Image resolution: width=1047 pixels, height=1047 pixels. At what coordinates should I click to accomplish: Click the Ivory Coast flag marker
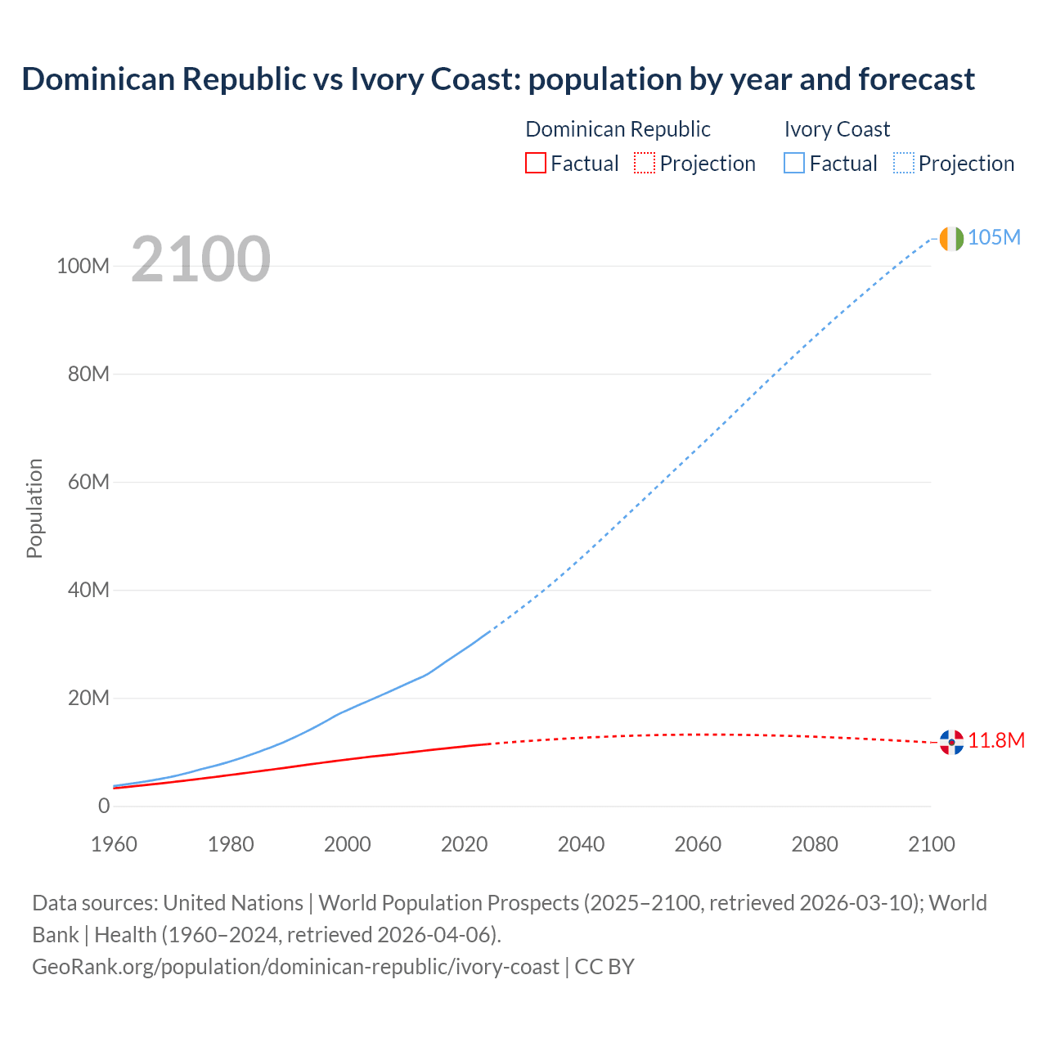951,239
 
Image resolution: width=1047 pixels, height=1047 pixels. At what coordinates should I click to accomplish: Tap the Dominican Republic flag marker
951,742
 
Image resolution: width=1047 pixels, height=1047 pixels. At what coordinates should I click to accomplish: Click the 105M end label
994,238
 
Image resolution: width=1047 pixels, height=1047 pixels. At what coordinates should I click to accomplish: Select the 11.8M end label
996,741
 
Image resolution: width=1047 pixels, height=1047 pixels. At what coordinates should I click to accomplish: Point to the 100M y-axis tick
83,267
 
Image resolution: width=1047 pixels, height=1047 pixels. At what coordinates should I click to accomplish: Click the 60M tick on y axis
88,483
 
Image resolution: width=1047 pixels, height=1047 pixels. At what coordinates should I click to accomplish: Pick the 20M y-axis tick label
88,699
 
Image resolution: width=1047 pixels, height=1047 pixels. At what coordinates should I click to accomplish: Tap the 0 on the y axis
104,807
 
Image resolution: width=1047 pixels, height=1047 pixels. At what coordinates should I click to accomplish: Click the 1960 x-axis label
115,845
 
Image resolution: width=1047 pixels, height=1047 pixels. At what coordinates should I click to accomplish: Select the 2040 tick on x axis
582,845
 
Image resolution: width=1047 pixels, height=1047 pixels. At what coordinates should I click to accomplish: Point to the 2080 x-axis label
815,845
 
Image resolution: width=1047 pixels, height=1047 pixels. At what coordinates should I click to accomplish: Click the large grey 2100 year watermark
200,259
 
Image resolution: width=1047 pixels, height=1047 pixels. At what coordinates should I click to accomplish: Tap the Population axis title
34,508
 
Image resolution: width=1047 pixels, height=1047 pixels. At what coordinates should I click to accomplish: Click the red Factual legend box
536,164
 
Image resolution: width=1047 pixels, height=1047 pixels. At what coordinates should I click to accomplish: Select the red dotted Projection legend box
645,164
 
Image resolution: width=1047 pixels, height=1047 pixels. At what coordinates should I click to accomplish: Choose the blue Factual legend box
794,164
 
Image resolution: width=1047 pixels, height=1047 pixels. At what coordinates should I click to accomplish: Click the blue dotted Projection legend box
904,164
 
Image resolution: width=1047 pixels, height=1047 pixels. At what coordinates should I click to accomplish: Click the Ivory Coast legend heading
837,129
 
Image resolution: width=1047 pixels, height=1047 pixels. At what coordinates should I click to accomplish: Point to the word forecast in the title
916,79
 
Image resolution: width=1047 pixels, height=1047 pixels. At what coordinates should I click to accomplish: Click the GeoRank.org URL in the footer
295,967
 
